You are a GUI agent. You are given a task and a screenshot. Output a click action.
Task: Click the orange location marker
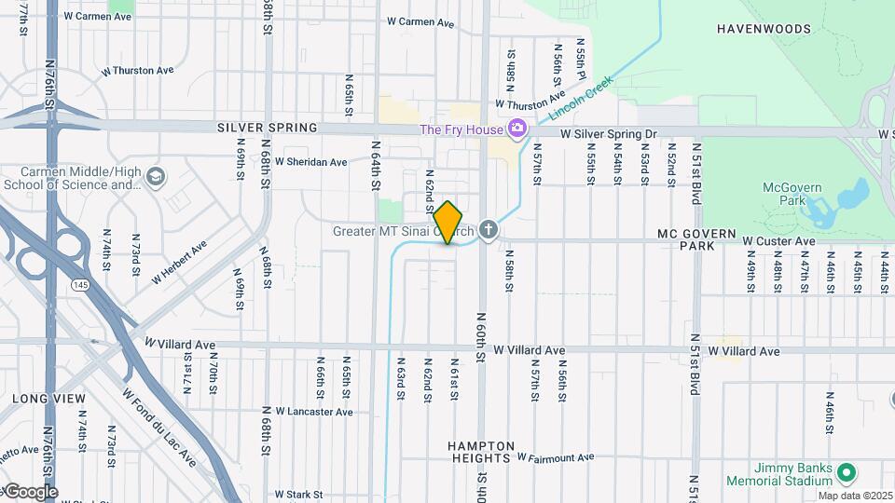448,223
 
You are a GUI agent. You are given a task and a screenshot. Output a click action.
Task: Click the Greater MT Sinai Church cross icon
489,231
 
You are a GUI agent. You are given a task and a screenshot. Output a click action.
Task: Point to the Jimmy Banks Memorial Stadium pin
847,473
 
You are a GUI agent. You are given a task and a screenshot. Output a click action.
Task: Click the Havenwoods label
764,29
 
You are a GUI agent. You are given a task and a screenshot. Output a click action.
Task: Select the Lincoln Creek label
579,97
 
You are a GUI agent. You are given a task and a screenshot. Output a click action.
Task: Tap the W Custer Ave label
778,241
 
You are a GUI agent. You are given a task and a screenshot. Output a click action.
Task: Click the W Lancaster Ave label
313,411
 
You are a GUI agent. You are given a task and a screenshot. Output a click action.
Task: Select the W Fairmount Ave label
556,457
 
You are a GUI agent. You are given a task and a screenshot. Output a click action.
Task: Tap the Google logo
30,492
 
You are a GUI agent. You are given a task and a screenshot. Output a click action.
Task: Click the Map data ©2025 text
856,496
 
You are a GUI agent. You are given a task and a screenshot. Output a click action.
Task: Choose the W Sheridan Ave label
310,162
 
